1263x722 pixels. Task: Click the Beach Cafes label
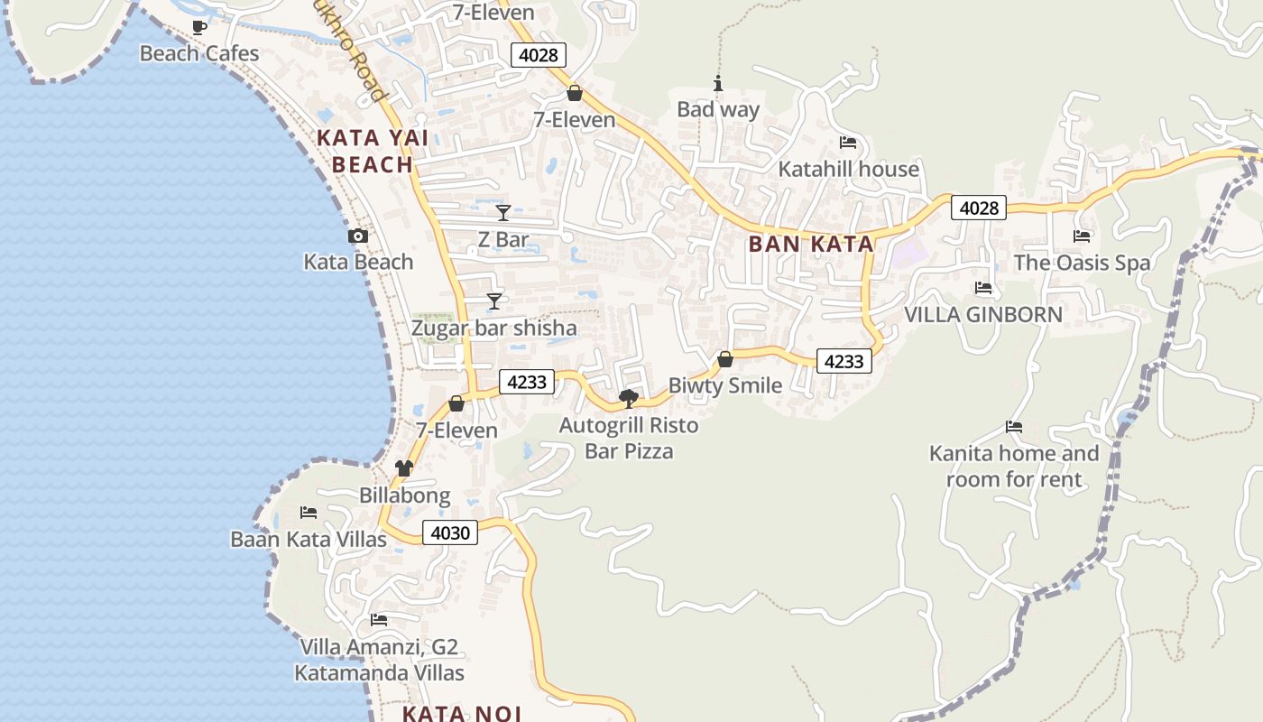point(199,53)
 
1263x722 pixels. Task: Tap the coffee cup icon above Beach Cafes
point(199,27)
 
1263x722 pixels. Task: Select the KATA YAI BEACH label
point(372,152)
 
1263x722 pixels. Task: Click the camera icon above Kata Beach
point(358,236)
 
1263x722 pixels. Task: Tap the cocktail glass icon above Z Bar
point(503,213)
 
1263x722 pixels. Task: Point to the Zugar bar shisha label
point(493,328)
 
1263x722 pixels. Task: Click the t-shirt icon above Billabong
point(404,468)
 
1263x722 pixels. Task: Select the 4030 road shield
point(450,532)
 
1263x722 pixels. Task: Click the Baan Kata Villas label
point(309,540)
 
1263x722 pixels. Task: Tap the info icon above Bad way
point(718,84)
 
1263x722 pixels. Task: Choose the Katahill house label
point(848,169)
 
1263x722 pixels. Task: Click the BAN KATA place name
point(811,244)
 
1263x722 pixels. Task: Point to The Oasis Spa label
point(1082,263)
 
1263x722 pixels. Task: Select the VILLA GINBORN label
point(983,315)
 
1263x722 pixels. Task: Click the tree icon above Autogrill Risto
point(629,398)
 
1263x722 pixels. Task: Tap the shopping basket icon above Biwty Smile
point(724,359)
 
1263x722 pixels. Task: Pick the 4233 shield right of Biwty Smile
point(844,361)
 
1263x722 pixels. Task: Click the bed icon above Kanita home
point(1014,427)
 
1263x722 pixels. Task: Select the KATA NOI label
point(461,713)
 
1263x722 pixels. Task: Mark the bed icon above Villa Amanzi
point(379,620)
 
